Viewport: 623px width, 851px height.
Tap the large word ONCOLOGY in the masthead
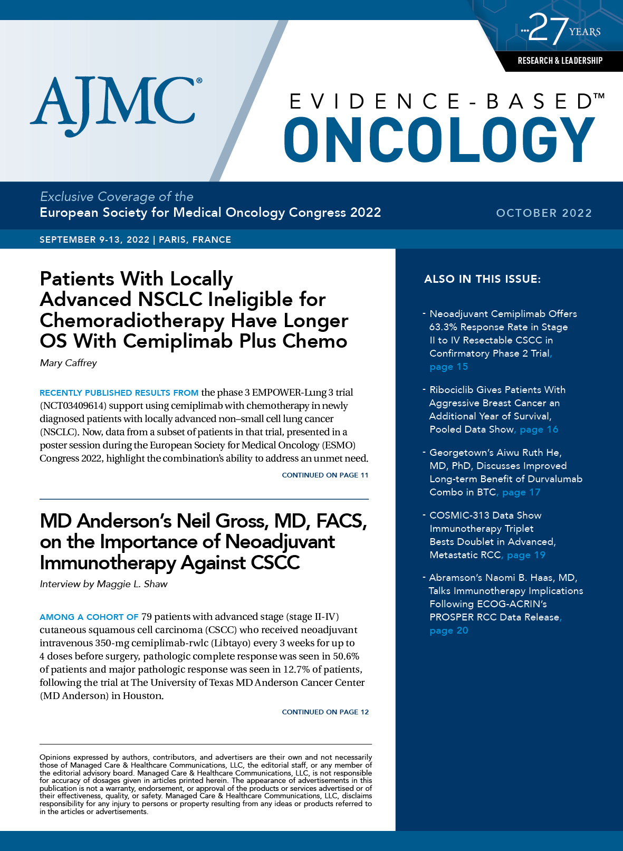coord(439,140)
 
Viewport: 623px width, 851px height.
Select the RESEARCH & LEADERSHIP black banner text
coord(560,61)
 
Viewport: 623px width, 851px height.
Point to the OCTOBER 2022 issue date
coord(544,213)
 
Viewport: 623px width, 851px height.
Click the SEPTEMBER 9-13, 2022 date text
coord(94,240)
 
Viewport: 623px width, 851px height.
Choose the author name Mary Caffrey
coord(69,363)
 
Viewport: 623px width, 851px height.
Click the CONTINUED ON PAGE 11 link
coord(325,475)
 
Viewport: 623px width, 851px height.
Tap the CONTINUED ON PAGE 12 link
coord(325,712)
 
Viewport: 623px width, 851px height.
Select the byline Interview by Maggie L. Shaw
coord(103,584)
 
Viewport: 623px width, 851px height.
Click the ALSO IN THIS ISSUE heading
coord(482,279)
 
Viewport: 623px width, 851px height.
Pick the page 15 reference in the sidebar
coord(448,367)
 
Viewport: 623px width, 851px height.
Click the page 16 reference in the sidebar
coord(539,429)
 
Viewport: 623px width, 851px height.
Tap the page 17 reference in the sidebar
coord(521,492)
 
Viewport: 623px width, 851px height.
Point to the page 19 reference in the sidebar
coord(526,555)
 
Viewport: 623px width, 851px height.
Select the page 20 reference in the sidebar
coord(448,630)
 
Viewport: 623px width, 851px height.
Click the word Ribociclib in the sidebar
coord(451,390)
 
